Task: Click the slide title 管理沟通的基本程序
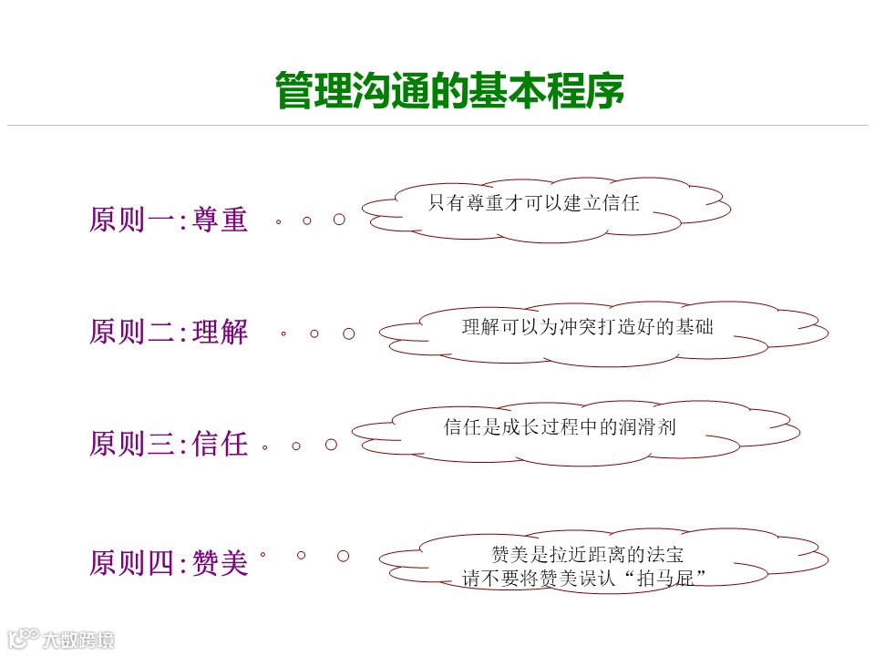click(449, 91)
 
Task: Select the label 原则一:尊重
click(169, 220)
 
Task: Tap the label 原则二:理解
click(169, 332)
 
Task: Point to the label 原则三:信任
click(169, 444)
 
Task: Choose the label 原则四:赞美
click(169, 563)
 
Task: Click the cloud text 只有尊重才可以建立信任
click(534, 203)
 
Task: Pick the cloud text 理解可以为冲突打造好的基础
click(587, 327)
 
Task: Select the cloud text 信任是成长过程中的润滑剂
click(560, 427)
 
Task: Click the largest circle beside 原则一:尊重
click(339, 220)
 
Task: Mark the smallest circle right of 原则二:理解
click(283, 334)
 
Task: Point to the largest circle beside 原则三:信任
click(332, 445)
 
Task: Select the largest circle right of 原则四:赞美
click(344, 556)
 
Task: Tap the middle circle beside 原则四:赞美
click(302, 554)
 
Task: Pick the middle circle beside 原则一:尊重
click(307, 220)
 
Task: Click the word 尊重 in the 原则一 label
click(221, 220)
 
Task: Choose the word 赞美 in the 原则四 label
click(221, 563)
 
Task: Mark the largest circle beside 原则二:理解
click(348, 333)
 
